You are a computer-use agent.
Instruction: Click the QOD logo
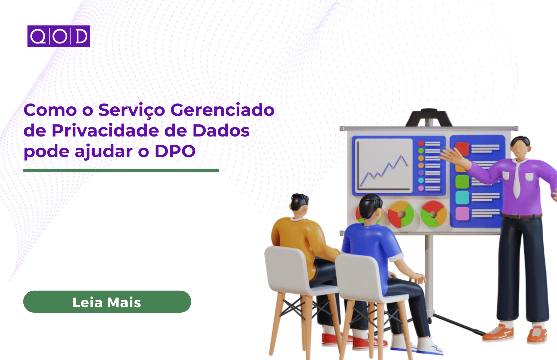[x=58, y=36]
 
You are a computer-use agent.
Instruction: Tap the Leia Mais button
[x=107, y=302]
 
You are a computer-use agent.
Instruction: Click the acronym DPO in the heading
[x=175, y=151]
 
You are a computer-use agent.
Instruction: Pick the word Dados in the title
[x=221, y=131]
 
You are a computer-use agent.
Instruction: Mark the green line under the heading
[x=121, y=170]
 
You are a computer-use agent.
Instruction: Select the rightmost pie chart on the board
[x=434, y=214]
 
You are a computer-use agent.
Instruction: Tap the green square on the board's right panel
[x=462, y=182]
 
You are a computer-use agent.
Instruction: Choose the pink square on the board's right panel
[x=462, y=214]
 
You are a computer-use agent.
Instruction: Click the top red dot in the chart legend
[x=421, y=143]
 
